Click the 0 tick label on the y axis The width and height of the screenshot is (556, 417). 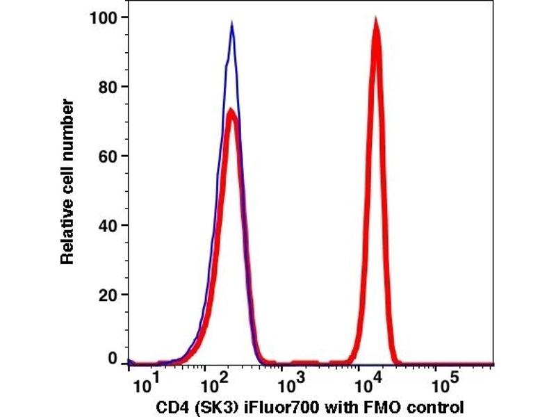[x=111, y=359]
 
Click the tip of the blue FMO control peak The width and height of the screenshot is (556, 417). [x=231, y=24]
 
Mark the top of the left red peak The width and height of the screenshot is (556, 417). [x=231, y=109]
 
